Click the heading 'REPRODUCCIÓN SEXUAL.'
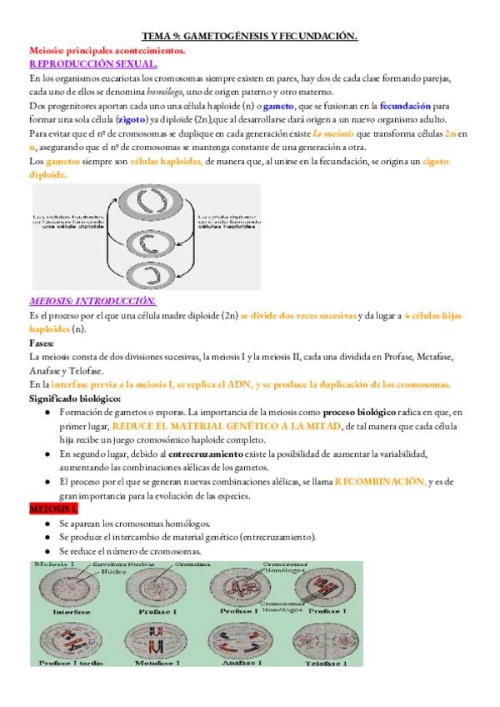93,63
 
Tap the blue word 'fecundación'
407,106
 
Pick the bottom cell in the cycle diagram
159,272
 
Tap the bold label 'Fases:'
43,343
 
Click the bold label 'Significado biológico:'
76,399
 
